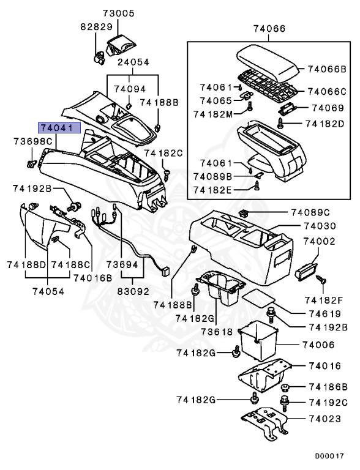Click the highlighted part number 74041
pos(59,128)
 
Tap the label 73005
pos(119,13)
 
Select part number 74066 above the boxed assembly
pos(269,29)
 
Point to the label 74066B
pos(327,69)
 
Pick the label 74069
pos(328,108)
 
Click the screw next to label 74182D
pos(281,123)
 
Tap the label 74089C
pos(310,212)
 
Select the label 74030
pos(320,226)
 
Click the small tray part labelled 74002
pos(306,270)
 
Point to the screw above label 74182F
pos(321,280)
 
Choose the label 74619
pos(325,314)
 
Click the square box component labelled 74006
pos(258,340)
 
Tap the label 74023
pos(325,419)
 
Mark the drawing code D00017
pos(329,456)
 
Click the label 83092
pos(133,291)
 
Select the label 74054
pos(48,291)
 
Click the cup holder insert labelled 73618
pos(221,288)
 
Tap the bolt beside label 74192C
pos(284,403)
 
